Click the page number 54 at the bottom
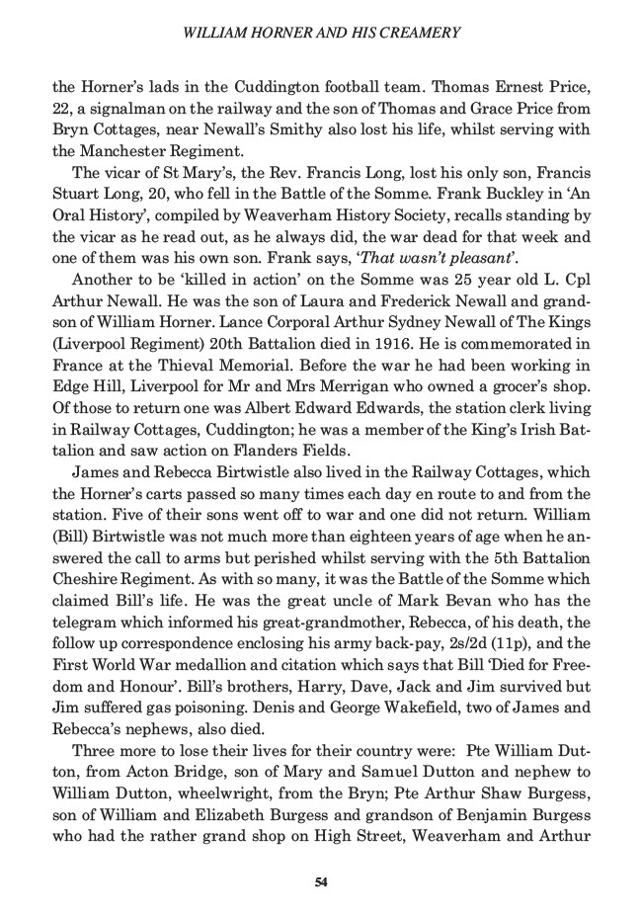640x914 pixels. click(320, 881)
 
